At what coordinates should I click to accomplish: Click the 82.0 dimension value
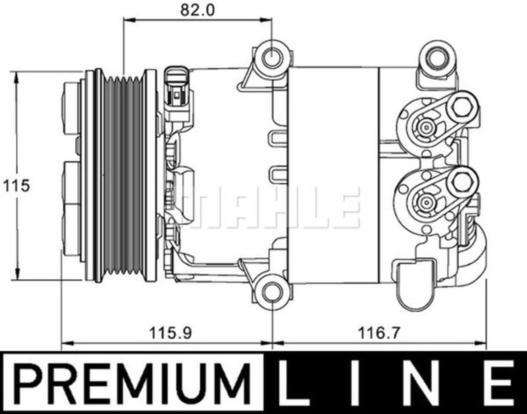198,10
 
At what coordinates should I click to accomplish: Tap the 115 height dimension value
16,186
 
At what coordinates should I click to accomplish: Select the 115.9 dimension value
170,332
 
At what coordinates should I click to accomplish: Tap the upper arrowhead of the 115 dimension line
16,76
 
